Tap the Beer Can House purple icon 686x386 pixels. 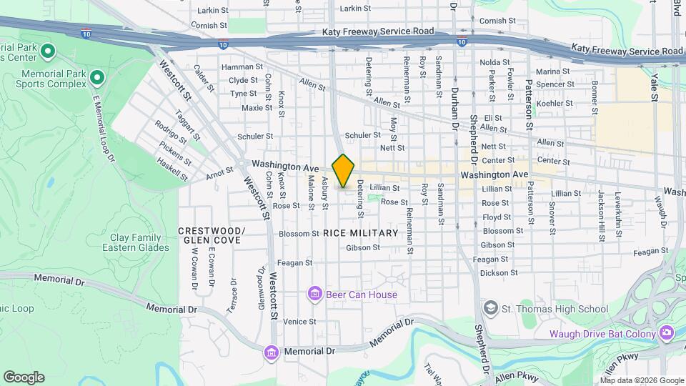[x=314, y=293]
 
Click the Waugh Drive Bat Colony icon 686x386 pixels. [x=666, y=333]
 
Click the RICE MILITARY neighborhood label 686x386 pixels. [x=360, y=233]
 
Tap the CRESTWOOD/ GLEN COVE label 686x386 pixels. [x=212, y=235]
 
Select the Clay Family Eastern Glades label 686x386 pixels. [x=136, y=243]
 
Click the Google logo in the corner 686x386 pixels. [x=24, y=377]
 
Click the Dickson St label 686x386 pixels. [x=498, y=273]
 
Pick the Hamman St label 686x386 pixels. [x=238, y=66]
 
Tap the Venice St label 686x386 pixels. [x=299, y=322]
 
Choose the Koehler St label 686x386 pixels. [x=551, y=103]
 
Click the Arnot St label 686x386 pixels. [x=219, y=172]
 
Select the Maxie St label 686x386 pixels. [x=257, y=108]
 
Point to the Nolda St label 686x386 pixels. [x=494, y=62]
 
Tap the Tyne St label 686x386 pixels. [x=243, y=94]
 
